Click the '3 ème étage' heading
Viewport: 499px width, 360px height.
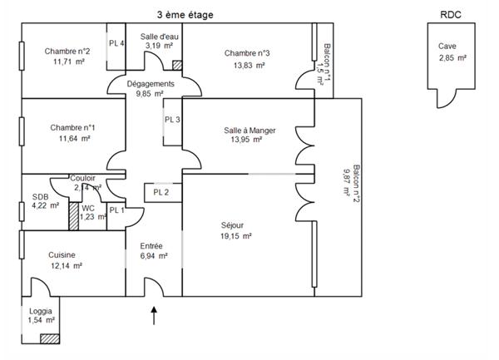184,14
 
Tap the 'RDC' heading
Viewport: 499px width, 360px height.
450,14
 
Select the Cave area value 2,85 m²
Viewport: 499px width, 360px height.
452,58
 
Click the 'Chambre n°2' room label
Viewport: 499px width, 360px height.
67,51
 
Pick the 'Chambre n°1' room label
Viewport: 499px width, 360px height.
72,127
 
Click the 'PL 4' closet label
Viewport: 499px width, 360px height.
116,44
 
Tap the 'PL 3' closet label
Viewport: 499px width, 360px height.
172,120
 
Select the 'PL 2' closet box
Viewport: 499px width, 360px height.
161,193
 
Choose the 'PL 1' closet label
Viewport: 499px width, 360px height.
116,210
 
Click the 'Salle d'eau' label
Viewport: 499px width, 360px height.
158,37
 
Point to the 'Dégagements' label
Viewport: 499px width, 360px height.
151,84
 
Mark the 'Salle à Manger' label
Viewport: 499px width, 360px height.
249,131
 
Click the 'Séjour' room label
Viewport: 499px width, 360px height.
234,224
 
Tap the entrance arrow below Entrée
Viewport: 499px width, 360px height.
155,315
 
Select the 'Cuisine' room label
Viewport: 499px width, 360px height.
63,255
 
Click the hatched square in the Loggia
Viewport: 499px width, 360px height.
50,339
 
